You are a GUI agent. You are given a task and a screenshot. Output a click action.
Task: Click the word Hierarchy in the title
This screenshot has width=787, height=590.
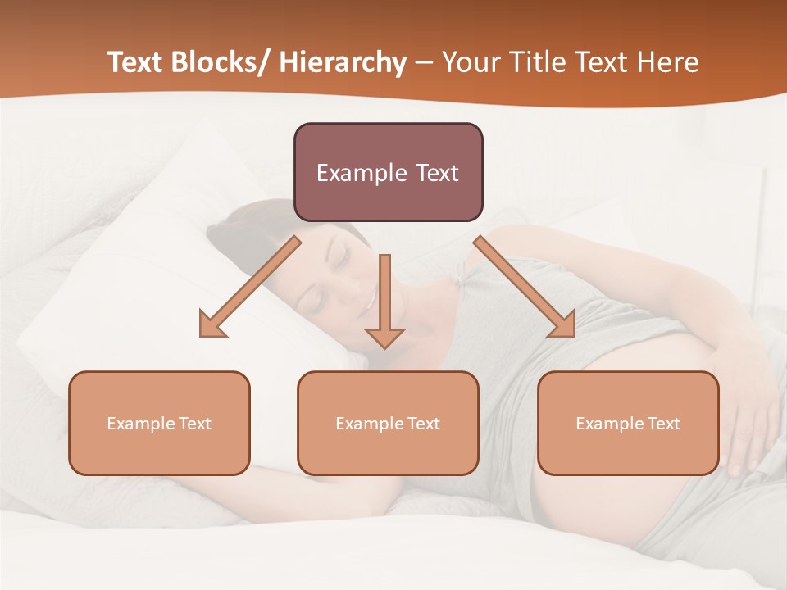pos(343,63)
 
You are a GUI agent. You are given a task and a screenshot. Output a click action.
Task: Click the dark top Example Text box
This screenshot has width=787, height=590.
pos(388,172)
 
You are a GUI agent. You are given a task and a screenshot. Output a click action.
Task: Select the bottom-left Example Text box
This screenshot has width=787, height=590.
pos(159,424)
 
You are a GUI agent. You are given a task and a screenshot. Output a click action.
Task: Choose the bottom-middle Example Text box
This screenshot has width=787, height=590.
pos(388,424)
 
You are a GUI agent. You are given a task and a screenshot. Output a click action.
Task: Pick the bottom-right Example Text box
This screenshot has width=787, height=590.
pos(628,424)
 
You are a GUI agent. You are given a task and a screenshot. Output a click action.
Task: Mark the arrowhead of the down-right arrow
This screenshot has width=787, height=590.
pos(565,325)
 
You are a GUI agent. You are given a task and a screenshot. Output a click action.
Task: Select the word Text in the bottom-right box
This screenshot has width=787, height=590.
pos(662,424)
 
